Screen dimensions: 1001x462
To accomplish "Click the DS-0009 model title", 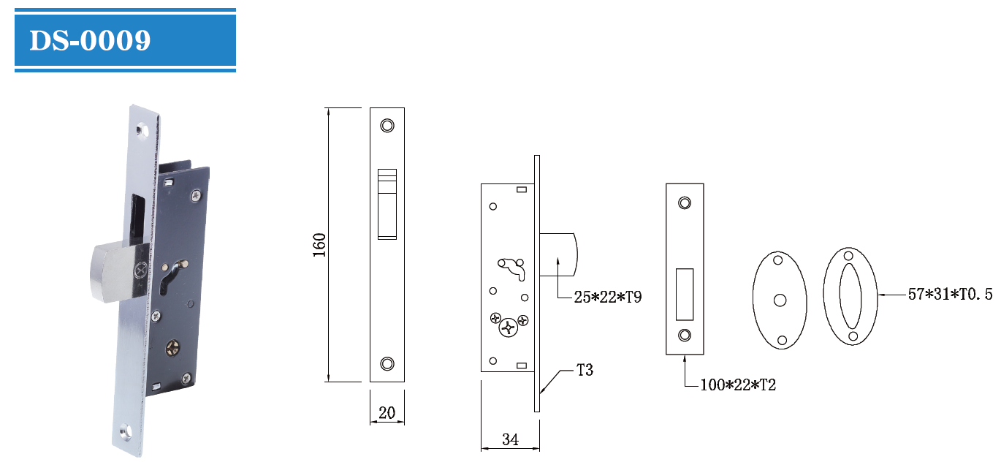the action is [x=90, y=41].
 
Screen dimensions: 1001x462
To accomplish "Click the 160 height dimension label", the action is [x=319, y=245].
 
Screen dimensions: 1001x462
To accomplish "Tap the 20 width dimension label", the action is [x=387, y=412].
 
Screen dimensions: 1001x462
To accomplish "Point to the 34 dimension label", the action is [x=510, y=439].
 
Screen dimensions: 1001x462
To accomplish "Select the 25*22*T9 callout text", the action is [x=608, y=297].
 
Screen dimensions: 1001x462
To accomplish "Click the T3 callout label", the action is [x=585, y=370].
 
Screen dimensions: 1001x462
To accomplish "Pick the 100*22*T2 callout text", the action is [x=738, y=385].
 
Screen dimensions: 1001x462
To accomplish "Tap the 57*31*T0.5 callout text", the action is [x=950, y=295].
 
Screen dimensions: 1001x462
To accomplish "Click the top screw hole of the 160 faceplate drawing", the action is [x=387, y=126].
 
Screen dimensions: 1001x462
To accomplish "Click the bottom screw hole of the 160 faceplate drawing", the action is [x=387, y=363].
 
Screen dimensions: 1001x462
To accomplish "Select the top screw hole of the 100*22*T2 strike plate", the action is [x=685, y=203].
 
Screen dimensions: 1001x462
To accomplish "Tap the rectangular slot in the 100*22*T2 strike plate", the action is [x=685, y=295].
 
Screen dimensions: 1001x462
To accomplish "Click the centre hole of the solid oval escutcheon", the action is [x=780, y=300].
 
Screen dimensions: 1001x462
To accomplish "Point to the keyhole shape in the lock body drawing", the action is [x=512, y=268].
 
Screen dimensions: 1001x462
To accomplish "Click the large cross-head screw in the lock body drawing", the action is [x=509, y=327].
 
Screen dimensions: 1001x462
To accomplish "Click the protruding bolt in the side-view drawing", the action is [x=559, y=254].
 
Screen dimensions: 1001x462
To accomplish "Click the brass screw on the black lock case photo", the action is [x=173, y=348].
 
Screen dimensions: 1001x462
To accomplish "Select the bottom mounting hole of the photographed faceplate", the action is [x=126, y=432].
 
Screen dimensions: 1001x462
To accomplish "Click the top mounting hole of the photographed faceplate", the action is [x=142, y=130].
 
